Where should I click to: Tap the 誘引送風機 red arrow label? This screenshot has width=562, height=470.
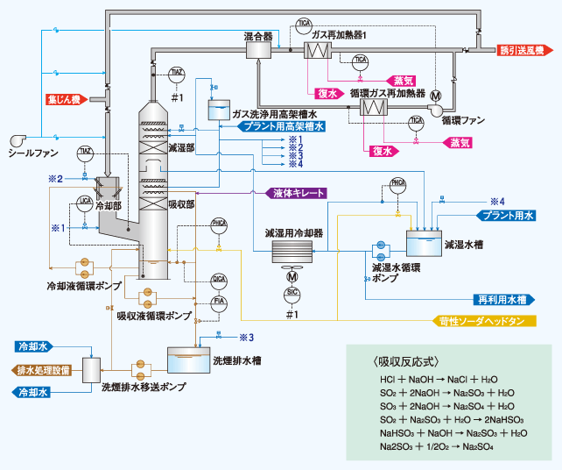click(526, 50)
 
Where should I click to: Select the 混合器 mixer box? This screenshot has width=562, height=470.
click(259, 50)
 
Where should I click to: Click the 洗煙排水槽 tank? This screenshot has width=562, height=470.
click(192, 360)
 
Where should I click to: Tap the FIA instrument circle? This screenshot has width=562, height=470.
click(220, 301)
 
